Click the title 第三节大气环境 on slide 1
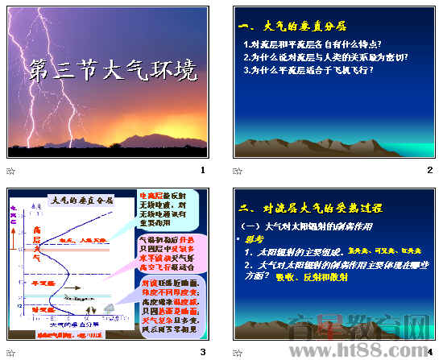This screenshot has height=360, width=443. tap(112, 71)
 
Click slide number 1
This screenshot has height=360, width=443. tap(203, 170)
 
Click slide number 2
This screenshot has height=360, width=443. tap(430, 170)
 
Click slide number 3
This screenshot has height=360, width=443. tap(203, 352)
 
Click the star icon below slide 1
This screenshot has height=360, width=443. tap(10, 171)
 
